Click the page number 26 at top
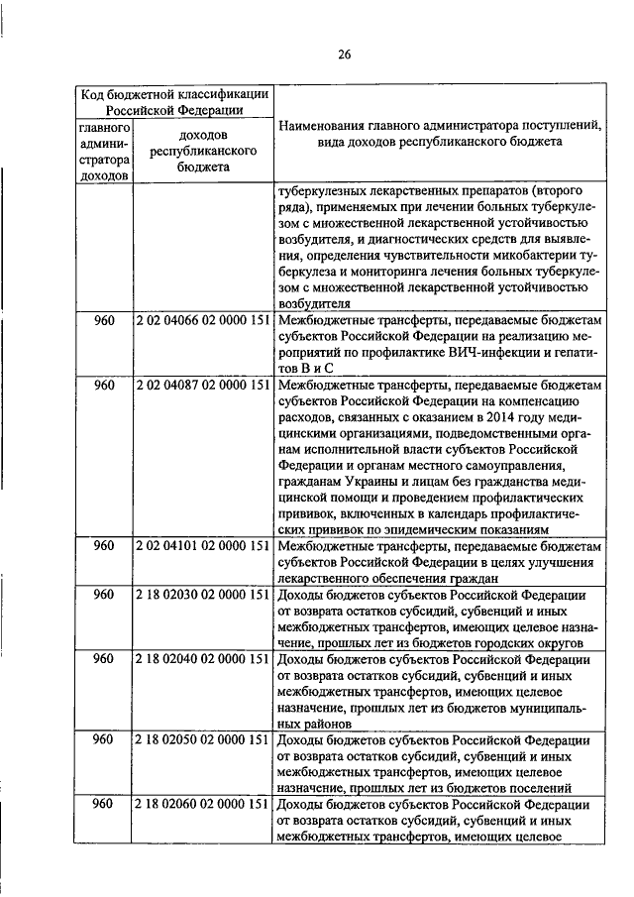click(x=343, y=54)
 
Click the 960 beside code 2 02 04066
click(x=104, y=324)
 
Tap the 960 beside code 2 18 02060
click(x=104, y=804)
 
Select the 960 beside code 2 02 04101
click(x=104, y=546)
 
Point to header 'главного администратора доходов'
click(x=104, y=152)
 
